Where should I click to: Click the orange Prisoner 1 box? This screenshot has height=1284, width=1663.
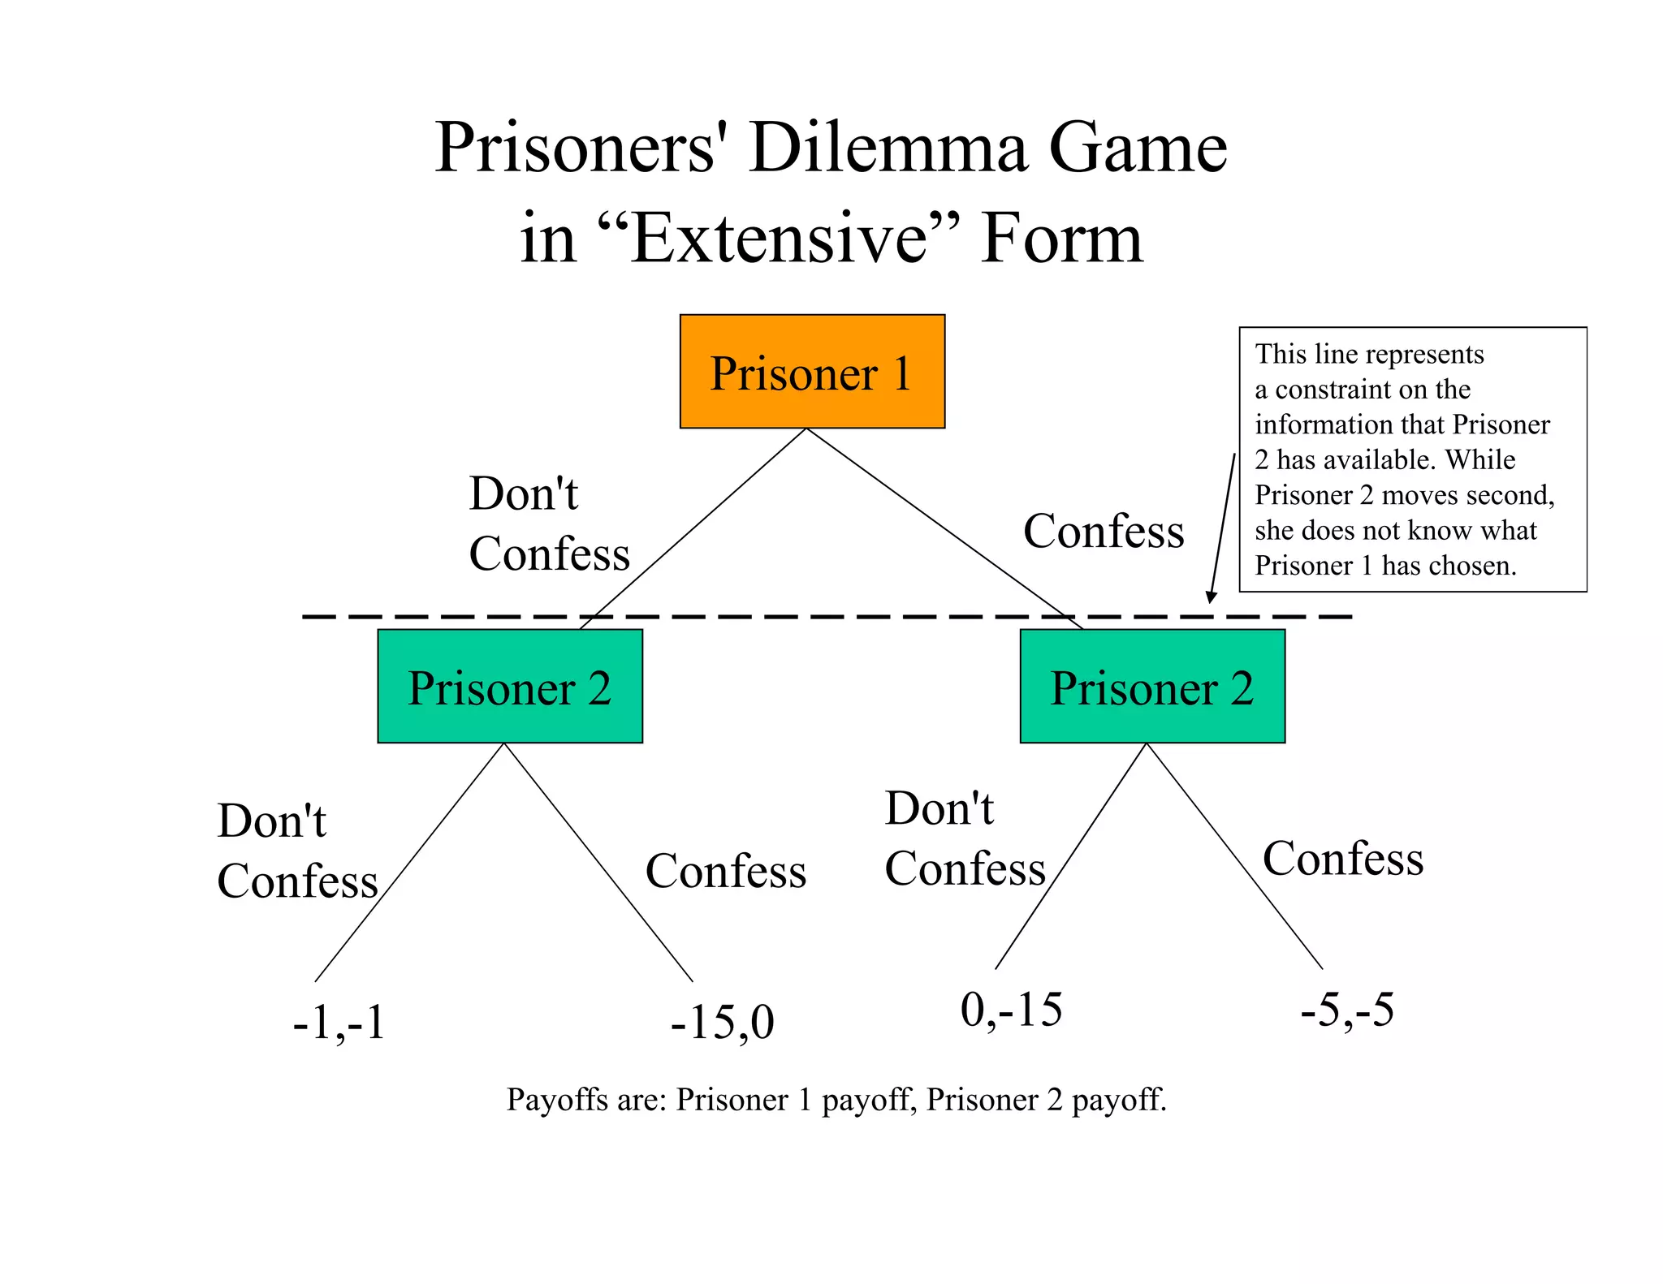point(812,372)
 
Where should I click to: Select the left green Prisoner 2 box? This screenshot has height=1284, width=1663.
point(510,687)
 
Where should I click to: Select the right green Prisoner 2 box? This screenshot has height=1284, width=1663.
point(1152,687)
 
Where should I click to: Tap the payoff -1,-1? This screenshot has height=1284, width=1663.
point(339,1023)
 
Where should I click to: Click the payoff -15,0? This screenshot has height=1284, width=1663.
point(722,1023)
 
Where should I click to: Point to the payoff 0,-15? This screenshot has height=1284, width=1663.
point(1011,1010)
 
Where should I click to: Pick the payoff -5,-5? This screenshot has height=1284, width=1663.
point(1347,1010)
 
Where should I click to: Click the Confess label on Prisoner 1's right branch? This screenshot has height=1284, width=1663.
point(1104,532)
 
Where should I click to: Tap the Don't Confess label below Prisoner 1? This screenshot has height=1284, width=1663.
point(549,524)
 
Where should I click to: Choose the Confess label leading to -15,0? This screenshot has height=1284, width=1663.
point(726,872)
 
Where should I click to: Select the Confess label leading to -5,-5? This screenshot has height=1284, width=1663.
point(1343,859)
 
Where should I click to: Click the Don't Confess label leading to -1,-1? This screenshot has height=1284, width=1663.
point(297,851)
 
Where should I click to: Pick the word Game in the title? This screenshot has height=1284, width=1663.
point(1137,149)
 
